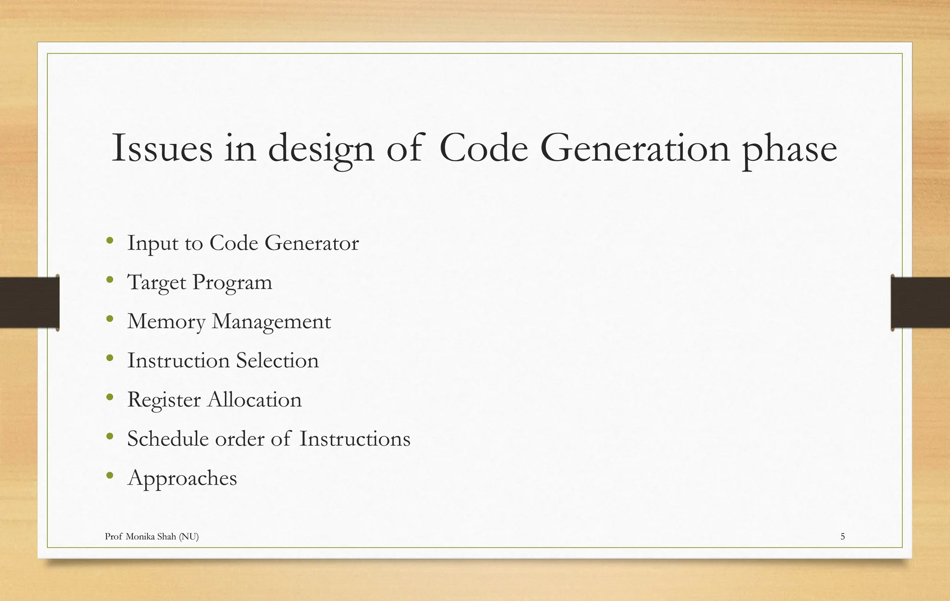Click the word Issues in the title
pos(162,148)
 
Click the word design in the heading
pos(321,149)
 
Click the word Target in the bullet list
pos(156,282)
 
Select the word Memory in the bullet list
pos(166,322)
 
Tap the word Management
pos(271,322)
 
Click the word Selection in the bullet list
pos(277,361)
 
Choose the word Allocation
pos(254,400)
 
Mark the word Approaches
pos(182,478)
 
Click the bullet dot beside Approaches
pos(109,475)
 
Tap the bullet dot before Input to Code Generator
pos(109,240)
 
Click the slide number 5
pos(842,537)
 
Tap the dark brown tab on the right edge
pos(920,302)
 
